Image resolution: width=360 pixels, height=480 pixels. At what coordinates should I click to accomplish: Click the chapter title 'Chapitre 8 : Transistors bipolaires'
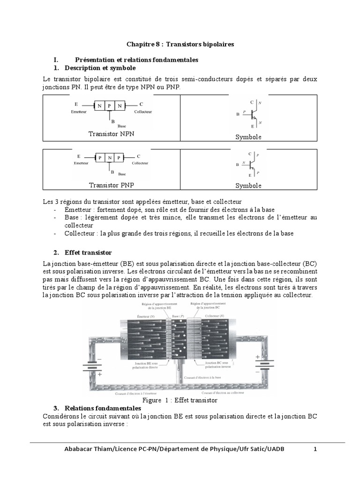click(x=180, y=44)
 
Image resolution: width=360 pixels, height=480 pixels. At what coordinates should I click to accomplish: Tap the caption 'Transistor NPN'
click(x=111, y=134)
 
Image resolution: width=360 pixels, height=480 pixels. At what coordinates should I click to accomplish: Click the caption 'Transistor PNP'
click(x=111, y=185)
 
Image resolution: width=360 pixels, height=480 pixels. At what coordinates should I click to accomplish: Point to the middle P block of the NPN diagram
click(x=109, y=106)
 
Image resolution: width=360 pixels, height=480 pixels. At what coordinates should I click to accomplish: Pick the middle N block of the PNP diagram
click(x=109, y=157)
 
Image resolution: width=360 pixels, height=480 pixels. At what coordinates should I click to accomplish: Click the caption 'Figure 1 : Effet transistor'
click(x=180, y=401)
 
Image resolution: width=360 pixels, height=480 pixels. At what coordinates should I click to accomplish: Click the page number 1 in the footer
click(x=315, y=449)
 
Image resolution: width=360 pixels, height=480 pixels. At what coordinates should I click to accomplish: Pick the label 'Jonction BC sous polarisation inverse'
click(x=219, y=365)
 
